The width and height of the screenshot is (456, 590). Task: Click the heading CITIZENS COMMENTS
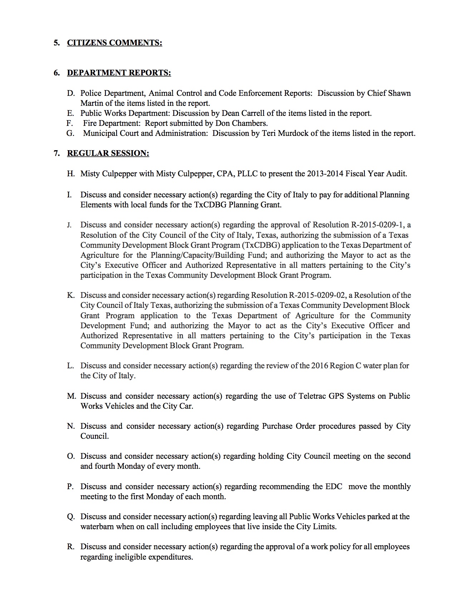coord(114,43)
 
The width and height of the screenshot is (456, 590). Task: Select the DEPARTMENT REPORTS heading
coord(119,73)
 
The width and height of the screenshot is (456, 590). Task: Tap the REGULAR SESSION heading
coord(108,153)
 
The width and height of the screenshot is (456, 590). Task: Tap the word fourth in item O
coord(105,466)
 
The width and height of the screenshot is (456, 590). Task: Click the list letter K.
coord(70,295)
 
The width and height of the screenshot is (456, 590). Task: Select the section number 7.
coord(56,153)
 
